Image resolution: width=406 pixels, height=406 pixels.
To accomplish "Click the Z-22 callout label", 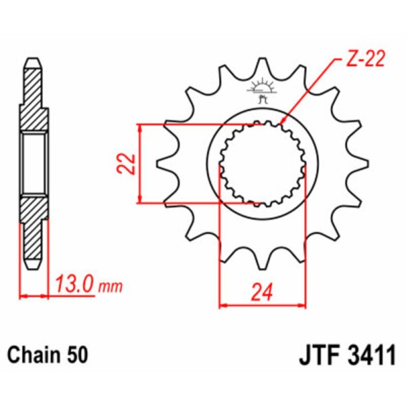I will pyautogui.click(x=365, y=60).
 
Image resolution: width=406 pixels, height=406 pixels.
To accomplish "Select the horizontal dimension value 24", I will pyautogui.click(x=262, y=292).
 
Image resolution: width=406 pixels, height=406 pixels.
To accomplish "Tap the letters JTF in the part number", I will pyautogui.click(x=319, y=354).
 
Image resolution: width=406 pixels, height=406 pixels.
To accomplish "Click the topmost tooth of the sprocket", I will pyautogui.click(x=262, y=68).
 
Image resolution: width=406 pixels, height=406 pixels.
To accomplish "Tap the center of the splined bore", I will pyautogui.click(x=262, y=164).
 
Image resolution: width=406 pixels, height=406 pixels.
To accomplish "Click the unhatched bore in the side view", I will pyautogui.click(x=35, y=164).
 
